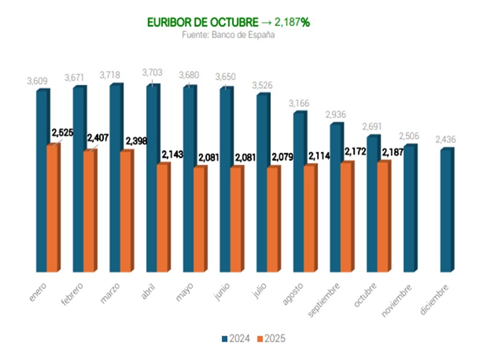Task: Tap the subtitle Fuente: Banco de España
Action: click(x=228, y=35)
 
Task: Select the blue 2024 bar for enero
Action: click(x=42, y=180)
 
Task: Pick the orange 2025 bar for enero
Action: click(x=52, y=209)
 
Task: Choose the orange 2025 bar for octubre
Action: click(x=383, y=217)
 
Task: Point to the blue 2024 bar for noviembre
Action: click(x=409, y=209)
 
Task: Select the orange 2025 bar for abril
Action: click(x=163, y=218)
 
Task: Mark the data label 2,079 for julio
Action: click(x=282, y=157)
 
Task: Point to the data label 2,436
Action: click(x=446, y=140)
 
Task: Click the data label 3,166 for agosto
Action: click(x=300, y=103)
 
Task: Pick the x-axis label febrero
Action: click(x=73, y=293)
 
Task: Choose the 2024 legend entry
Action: click(x=236, y=338)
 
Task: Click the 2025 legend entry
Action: click(x=272, y=338)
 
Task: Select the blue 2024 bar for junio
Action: click(x=225, y=180)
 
